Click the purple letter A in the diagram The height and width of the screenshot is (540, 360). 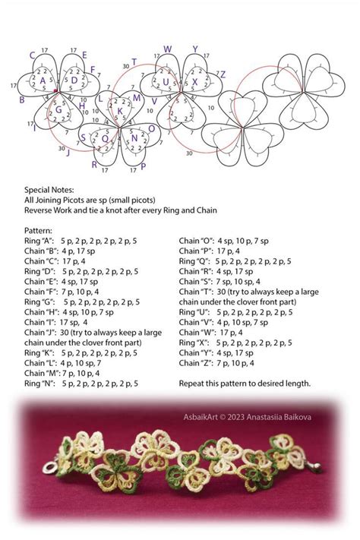tap(43, 81)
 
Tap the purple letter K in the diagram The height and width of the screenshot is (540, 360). tap(120, 112)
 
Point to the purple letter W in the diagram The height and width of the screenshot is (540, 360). tap(168, 49)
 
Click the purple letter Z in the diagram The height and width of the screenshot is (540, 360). tap(223, 74)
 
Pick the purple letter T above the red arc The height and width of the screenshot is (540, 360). tap(134, 62)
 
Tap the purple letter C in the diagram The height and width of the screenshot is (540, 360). tap(32, 55)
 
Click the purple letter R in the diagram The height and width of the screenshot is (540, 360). tap(95, 164)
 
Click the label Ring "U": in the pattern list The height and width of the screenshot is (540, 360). tap(194, 311)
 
